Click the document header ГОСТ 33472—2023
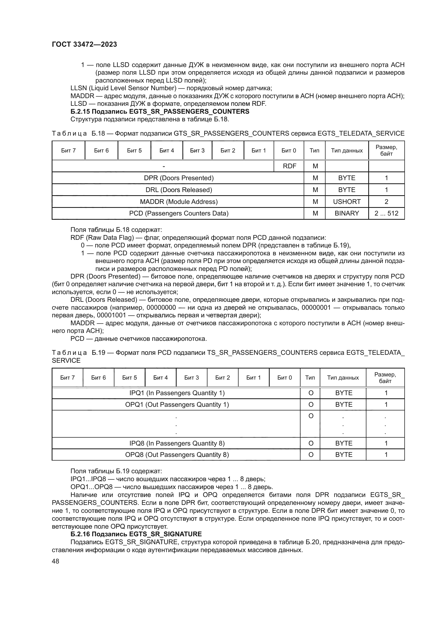pos(84,44)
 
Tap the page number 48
pos(55,561)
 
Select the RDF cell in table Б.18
pos(289,166)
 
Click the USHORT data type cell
pos(347,202)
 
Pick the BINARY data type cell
pos(347,213)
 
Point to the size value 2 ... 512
pos(386,213)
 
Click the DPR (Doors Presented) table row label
pos(178,178)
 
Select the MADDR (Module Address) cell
pos(178,202)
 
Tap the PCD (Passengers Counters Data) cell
pos(178,213)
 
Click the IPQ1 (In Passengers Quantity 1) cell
pos(177,393)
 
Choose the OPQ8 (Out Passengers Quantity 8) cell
pos(177,455)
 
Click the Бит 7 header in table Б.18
pos(69,150)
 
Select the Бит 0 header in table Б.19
pos(284,377)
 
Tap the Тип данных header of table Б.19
pos(343,377)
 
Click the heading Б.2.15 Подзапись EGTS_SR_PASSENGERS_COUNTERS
pos(160,112)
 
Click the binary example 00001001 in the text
pos(112,315)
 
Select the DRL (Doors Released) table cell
pos(178,190)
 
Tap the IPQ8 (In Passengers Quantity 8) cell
pos(177,443)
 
